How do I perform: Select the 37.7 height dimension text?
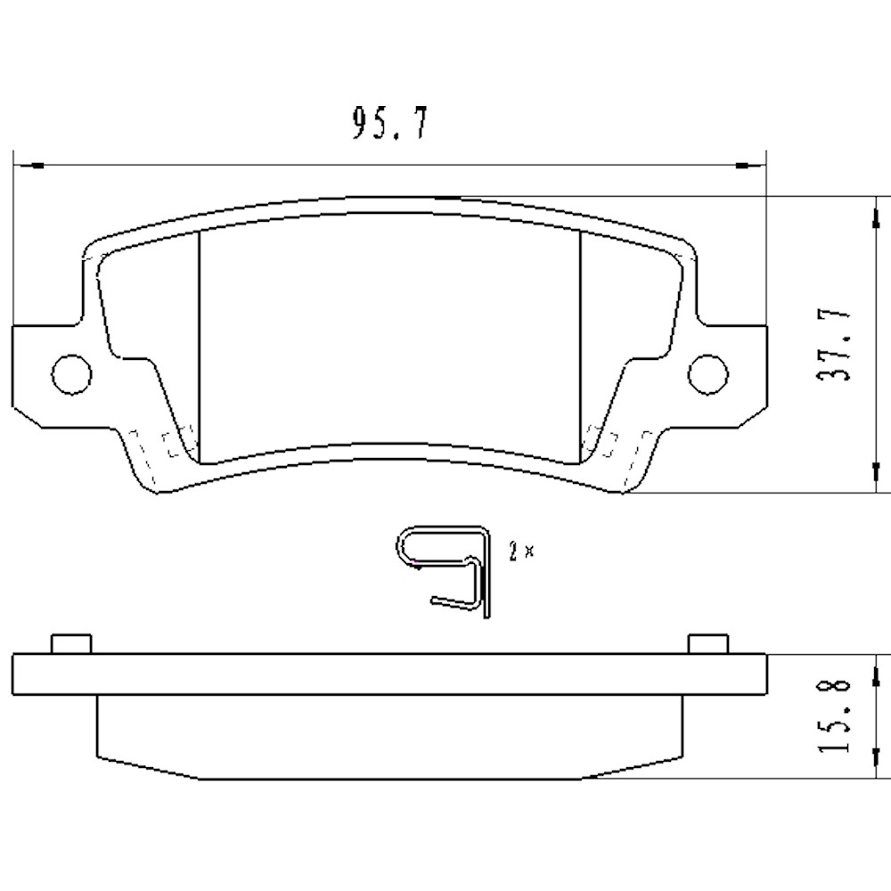[835, 345]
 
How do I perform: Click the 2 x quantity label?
[521, 552]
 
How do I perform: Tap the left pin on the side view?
[71, 644]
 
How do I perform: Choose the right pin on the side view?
[709, 644]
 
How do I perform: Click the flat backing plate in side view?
[389, 674]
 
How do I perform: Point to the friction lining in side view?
[389, 737]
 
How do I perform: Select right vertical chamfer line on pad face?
[581, 347]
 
